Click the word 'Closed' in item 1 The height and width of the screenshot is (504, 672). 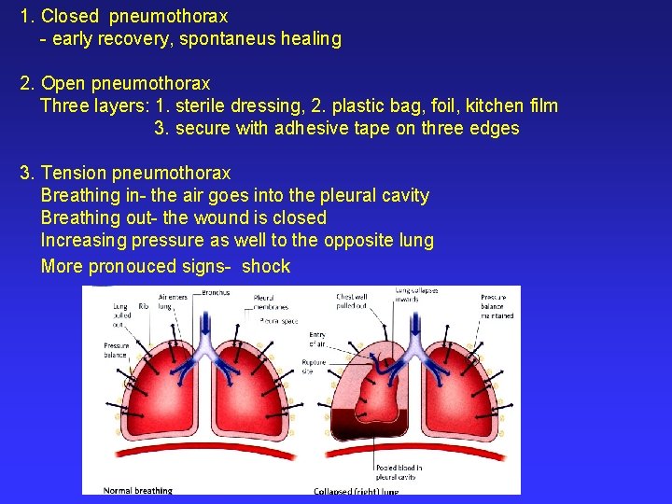click(72, 17)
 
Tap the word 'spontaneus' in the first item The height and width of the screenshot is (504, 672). click(235, 39)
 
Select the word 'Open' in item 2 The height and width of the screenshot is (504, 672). click(63, 84)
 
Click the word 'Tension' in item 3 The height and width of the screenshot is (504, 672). click(75, 173)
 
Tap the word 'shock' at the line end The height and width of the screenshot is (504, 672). click(266, 266)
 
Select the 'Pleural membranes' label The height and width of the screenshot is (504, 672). click(271, 303)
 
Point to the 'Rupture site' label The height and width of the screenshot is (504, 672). click(313, 366)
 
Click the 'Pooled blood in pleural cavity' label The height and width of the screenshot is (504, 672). click(399, 471)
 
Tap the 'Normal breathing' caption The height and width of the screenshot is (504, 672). click(138, 490)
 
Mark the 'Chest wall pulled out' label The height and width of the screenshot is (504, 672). click(353, 301)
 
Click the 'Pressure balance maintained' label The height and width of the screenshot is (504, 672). click(497, 306)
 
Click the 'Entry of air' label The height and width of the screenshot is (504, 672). click(317, 339)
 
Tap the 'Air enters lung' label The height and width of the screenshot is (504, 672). click(172, 301)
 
